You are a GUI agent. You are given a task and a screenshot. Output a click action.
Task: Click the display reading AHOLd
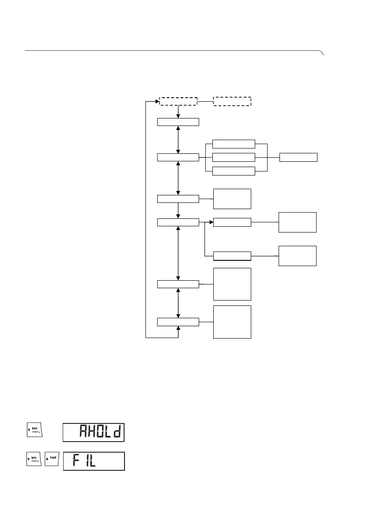[94, 432]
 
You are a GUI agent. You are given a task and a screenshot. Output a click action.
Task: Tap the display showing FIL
[94, 461]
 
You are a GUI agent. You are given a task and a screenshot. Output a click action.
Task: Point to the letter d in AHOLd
[116, 432]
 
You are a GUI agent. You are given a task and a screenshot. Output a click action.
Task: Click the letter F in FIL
[75, 461]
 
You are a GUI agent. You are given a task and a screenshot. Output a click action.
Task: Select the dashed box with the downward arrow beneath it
[178, 101]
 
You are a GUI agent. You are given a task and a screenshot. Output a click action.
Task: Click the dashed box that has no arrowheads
[232, 101]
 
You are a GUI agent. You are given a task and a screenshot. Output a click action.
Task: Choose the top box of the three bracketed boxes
[234, 144]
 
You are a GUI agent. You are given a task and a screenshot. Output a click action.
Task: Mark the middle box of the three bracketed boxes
[234, 157]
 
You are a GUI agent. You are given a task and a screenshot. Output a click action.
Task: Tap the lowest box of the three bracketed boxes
[234, 171]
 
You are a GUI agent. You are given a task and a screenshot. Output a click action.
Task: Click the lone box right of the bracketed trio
[298, 157]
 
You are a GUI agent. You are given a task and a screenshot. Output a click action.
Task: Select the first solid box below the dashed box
[178, 122]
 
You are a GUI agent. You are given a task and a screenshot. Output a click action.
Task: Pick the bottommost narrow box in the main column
[178, 322]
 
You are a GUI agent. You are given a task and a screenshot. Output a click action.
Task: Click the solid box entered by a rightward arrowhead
[232, 222]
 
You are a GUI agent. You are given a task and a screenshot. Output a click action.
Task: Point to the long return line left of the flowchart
[146, 221]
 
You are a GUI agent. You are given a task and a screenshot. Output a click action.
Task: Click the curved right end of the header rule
[322, 53]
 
